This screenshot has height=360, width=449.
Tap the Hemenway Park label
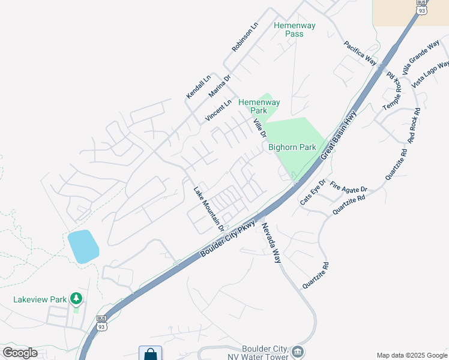coord(259,106)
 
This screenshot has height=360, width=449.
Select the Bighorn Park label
coord(292,147)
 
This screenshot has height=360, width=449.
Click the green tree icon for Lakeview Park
coord(76,298)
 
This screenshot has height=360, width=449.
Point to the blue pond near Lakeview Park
coord(83,246)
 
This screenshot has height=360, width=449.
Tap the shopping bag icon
coord(150,353)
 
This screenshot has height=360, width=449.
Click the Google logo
coord(20,353)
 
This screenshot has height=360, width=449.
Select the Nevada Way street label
coord(270,241)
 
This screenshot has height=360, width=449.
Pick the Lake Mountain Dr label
coord(208,209)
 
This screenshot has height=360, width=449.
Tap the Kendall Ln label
coord(199,86)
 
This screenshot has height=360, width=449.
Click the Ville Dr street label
coord(259,127)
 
